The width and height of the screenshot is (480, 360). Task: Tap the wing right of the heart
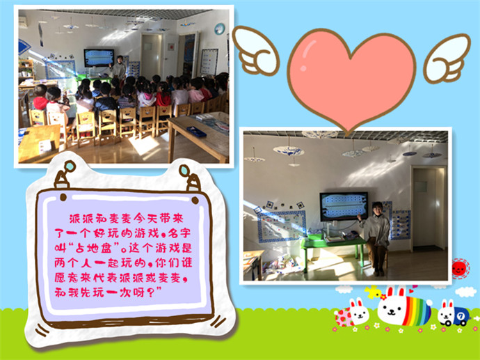pyautogui.click(x=447, y=58)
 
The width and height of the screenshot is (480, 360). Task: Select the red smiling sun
pyautogui.click(x=460, y=269)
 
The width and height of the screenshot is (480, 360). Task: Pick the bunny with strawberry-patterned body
pyautogui.click(x=353, y=313)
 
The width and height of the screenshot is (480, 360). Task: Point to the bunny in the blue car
pyautogui.click(x=453, y=313)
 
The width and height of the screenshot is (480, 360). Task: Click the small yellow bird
pyautogui.click(x=374, y=292)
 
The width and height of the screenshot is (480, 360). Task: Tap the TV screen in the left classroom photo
pyautogui.click(x=99, y=58)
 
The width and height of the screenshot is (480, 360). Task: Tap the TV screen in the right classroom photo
pyautogui.click(x=344, y=206)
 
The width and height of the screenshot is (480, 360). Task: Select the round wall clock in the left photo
pyautogui.click(x=220, y=29)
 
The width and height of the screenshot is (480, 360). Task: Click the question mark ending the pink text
pyautogui.click(x=150, y=292)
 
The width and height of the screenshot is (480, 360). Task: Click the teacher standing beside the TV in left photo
pyautogui.click(x=118, y=67)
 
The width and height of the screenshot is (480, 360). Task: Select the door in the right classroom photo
pyautogui.click(x=428, y=208)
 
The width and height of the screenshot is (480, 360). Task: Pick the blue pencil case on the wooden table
pyautogui.click(x=197, y=132)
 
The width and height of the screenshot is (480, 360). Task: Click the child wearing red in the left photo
pyautogui.click(x=40, y=97)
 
